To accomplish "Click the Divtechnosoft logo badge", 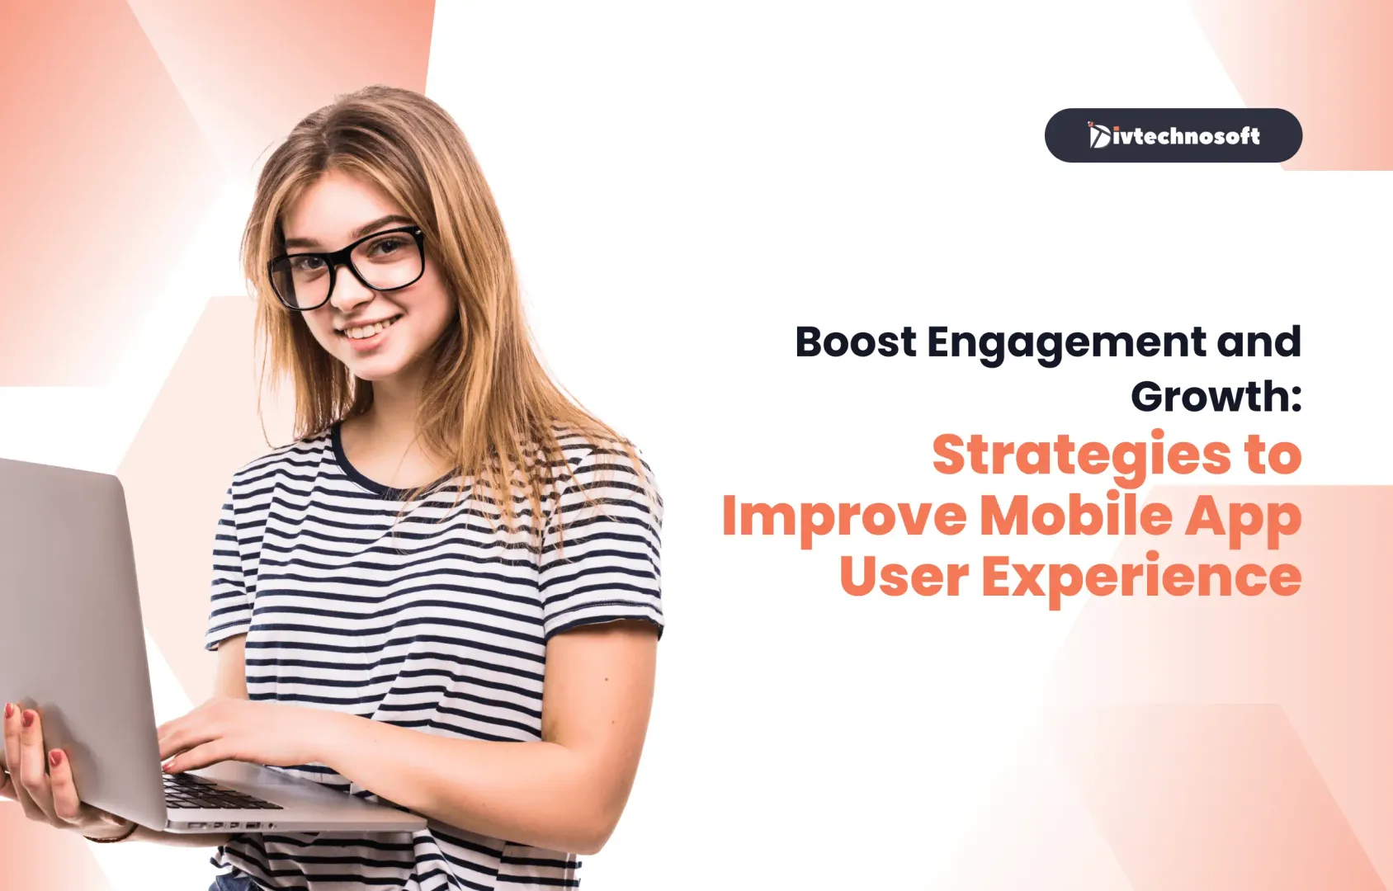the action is pyautogui.click(x=1173, y=135).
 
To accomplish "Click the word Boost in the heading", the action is pyautogui.click(x=856, y=342).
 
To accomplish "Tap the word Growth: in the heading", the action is pyautogui.click(x=1216, y=396).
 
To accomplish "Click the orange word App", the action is pyautogui.click(x=1243, y=519).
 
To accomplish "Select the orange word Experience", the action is pyautogui.click(x=1142, y=579).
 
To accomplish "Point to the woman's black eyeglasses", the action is pyautogui.click(x=347, y=266).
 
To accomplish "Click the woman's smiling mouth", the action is pyautogui.click(x=371, y=329).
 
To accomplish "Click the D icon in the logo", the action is pyautogui.click(x=1099, y=135).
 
